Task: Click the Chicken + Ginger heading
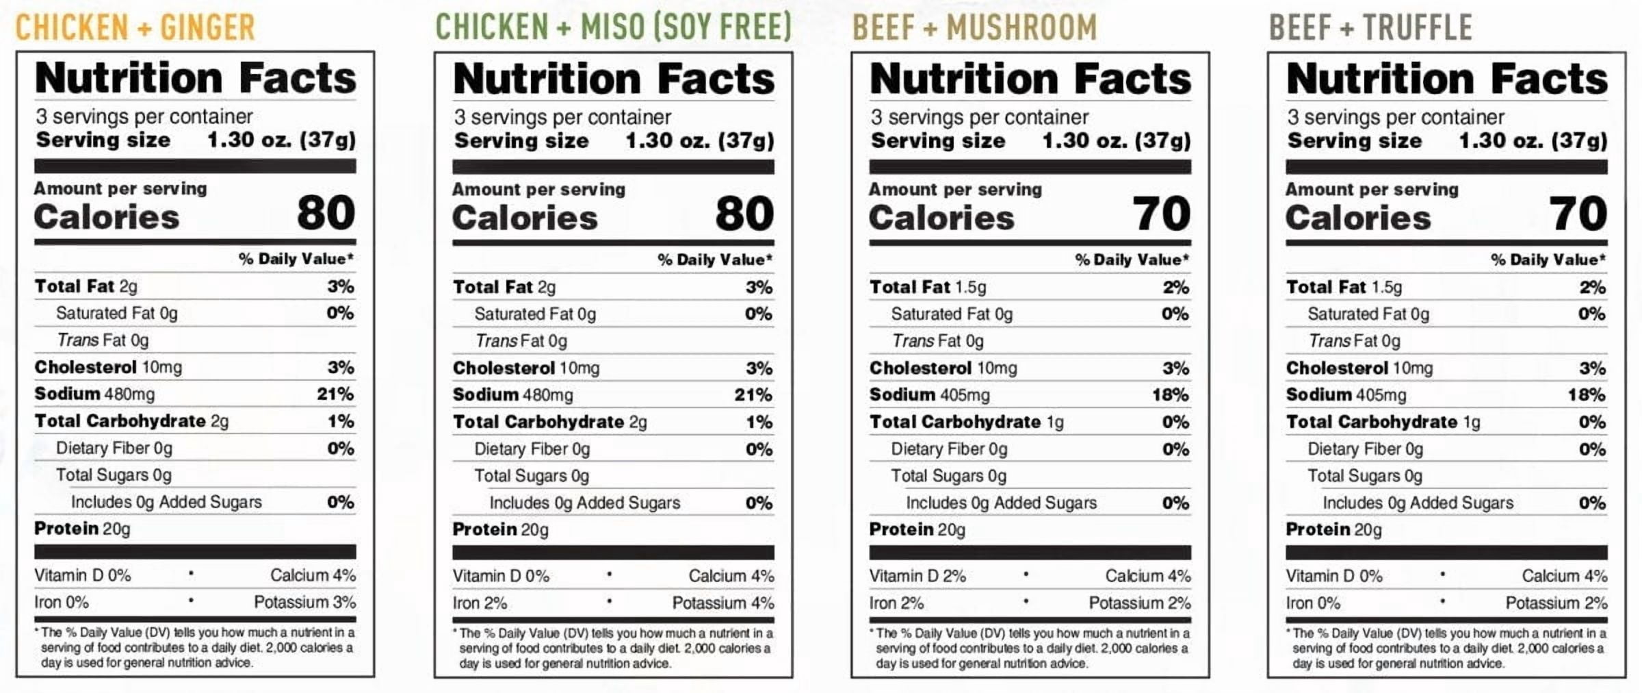[x=135, y=27]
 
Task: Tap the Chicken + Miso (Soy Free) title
[x=614, y=27]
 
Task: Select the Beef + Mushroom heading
[x=974, y=27]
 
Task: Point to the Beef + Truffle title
[x=1370, y=27]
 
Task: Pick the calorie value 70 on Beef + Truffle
[x=1578, y=214]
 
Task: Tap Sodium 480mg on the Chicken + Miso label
[x=512, y=395]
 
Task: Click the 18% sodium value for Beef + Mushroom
[x=1170, y=395]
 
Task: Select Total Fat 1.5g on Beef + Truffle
[x=1344, y=288]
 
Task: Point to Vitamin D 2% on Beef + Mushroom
[x=917, y=577]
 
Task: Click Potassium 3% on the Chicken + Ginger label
[x=304, y=603]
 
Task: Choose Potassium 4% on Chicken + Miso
[x=723, y=603]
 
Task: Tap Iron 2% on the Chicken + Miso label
[x=480, y=603]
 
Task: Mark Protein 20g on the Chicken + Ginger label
[x=82, y=529]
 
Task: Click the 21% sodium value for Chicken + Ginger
[x=335, y=394]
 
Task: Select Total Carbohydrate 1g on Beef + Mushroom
[x=967, y=423]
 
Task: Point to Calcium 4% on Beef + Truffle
[x=1565, y=577]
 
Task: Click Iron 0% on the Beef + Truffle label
[x=1313, y=603]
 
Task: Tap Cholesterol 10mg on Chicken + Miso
[x=526, y=368]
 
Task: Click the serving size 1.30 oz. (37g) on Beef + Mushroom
[x=1117, y=141]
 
